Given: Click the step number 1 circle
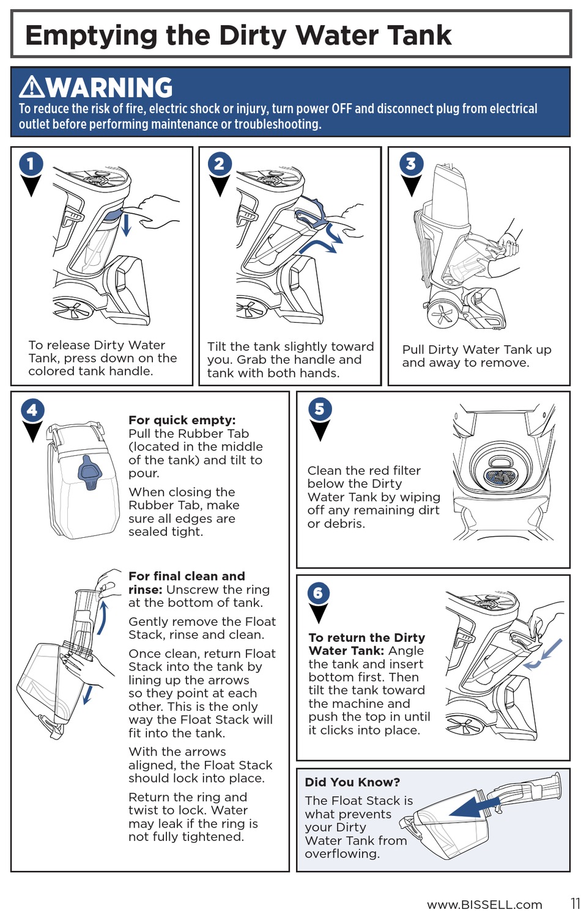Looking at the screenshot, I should (x=31, y=163).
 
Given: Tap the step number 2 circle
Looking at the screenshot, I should (x=220, y=163).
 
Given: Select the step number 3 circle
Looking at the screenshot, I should (x=411, y=163).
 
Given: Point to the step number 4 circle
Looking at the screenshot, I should (x=32, y=409).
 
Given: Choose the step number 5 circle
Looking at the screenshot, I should (x=319, y=409).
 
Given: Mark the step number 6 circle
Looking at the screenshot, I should (x=318, y=593).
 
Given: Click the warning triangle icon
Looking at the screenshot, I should (x=31, y=87).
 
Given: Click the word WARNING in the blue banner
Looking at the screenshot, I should (x=110, y=88).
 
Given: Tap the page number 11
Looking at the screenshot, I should (x=575, y=903).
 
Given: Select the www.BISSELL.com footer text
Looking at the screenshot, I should (x=484, y=905).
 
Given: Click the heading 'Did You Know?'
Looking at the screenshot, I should (x=352, y=782).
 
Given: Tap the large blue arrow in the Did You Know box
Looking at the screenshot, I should (x=474, y=807).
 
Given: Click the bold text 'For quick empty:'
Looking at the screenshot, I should (x=182, y=420).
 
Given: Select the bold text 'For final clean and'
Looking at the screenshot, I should (x=187, y=576).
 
